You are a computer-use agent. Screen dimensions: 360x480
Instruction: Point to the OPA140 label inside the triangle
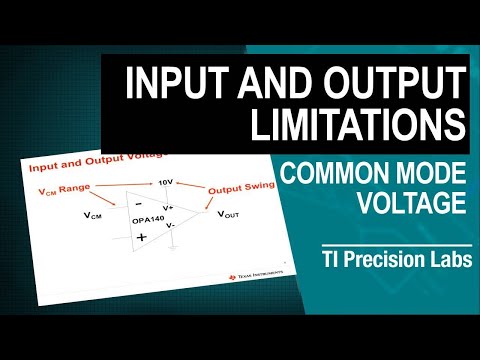click(148, 219)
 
